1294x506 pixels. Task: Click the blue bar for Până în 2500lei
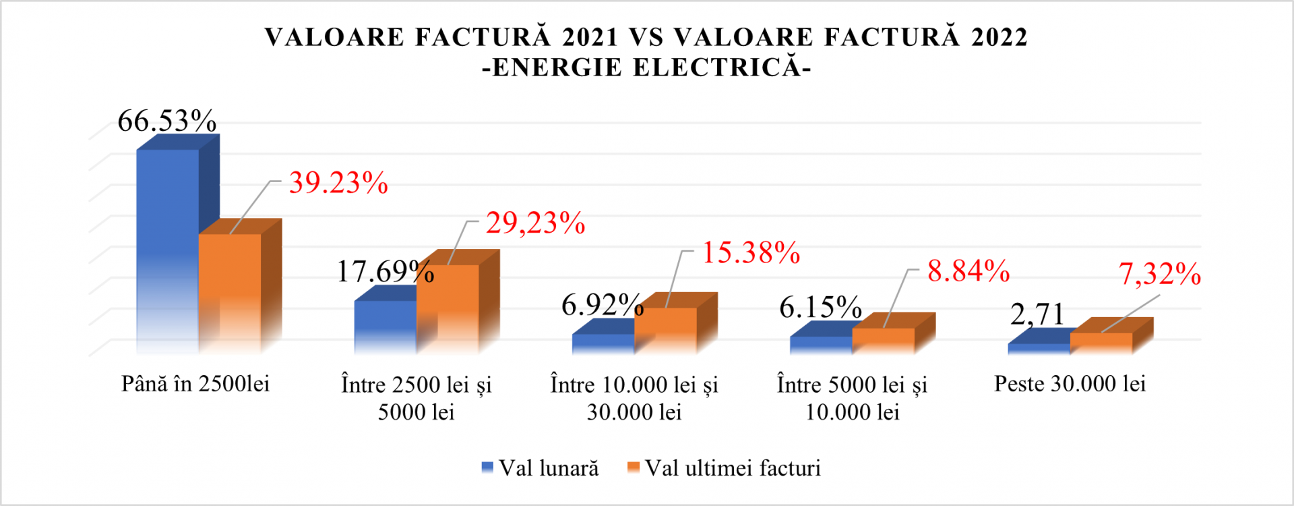click(x=168, y=250)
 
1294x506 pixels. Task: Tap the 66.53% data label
click(x=167, y=121)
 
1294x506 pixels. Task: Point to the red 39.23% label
click(x=338, y=183)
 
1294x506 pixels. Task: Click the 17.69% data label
click(x=385, y=271)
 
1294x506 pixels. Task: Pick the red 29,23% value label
click(x=535, y=223)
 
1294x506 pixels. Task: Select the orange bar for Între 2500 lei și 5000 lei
click(x=448, y=308)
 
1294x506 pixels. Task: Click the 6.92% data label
click(x=603, y=305)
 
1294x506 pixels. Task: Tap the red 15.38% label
click(x=751, y=253)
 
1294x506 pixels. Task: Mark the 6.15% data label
click(x=820, y=308)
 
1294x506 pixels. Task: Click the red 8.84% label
click(x=968, y=271)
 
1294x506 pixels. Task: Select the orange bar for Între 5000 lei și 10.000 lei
click(x=883, y=340)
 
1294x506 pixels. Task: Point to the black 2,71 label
click(x=1037, y=314)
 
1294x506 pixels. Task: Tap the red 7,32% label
click(x=1160, y=274)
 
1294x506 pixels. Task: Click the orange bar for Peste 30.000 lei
click(x=1101, y=342)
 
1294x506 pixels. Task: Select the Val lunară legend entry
click(x=541, y=468)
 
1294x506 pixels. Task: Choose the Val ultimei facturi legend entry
click(x=725, y=468)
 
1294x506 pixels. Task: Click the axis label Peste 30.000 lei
click(x=1070, y=384)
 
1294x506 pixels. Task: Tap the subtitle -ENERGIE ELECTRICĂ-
click(x=646, y=67)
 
